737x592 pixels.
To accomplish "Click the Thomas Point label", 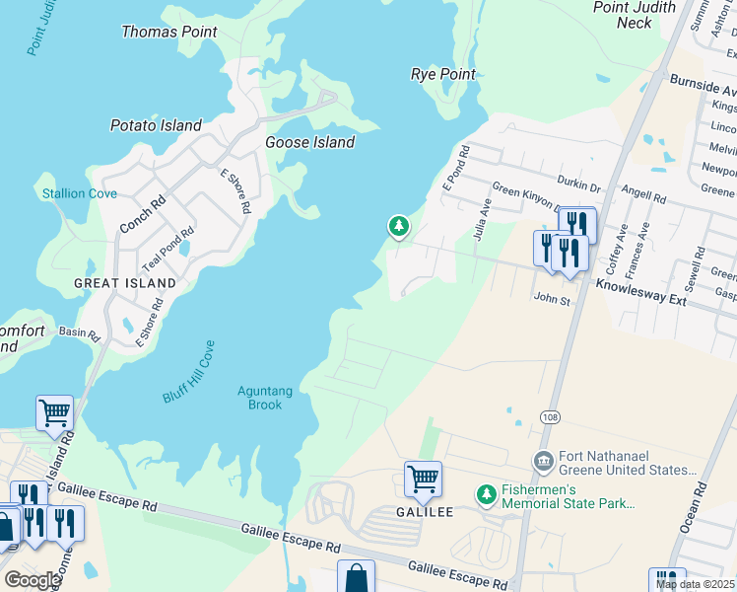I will [x=168, y=33].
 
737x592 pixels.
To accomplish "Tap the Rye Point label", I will [x=442, y=75].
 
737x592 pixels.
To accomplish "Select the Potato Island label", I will [x=156, y=126].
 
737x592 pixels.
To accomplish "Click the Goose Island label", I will [x=309, y=143].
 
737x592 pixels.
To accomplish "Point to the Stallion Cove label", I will [x=79, y=194].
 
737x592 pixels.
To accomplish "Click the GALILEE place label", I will [x=425, y=512].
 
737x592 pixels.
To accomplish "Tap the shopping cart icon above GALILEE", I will [x=423, y=480].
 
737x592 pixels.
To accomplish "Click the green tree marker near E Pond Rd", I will [x=398, y=227].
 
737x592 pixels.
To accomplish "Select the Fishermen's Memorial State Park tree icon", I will [x=485, y=492].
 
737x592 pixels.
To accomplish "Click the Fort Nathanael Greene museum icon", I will [x=543, y=461].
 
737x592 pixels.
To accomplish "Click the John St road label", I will [x=552, y=298].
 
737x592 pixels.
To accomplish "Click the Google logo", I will [x=32, y=580].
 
